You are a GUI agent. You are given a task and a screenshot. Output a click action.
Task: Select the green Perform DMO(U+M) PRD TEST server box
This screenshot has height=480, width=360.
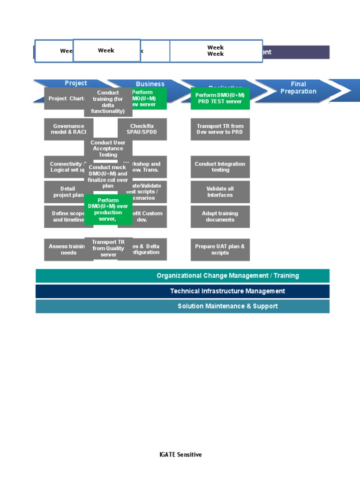click(x=220, y=98)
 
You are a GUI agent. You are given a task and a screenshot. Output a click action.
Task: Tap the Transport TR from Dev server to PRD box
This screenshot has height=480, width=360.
click(x=220, y=129)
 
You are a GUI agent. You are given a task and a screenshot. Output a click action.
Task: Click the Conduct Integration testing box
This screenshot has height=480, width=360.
click(x=220, y=167)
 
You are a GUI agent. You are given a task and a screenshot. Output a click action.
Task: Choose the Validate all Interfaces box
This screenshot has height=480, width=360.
click(x=220, y=192)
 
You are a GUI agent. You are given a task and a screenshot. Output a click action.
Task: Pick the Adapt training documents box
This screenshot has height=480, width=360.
click(x=220, y=217)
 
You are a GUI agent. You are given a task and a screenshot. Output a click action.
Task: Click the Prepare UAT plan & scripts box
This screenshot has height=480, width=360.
click(x=220, y=249)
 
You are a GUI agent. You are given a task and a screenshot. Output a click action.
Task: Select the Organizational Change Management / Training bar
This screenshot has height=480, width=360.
click(x=182, y=276)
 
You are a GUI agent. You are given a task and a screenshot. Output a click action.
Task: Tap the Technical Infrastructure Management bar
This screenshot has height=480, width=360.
click(x=182, y=291)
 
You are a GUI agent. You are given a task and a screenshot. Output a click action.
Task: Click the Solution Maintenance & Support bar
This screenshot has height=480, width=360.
click(x=182, y=306)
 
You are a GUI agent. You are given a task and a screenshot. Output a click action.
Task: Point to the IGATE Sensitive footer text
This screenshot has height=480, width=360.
click(x=180, y=454)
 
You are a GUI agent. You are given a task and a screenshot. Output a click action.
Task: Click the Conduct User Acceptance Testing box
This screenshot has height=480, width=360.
click(x=108, y=149)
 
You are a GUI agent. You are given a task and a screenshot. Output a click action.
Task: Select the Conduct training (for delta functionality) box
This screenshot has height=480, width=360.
click(x=108, y=102)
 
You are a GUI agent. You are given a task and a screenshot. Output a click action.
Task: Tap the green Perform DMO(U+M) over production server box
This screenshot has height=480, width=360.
click(x=108, y=210)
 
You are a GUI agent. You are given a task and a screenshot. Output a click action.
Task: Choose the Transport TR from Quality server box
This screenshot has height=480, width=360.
click(x=108, y=248)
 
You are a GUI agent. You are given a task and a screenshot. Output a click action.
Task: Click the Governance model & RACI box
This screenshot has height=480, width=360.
click(x=68, y=129)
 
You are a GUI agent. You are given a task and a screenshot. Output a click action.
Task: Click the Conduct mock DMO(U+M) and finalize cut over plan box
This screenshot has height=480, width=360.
click(x=108, y=176)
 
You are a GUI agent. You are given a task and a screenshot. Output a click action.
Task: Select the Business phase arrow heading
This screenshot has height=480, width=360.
click(x=150, y=84)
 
